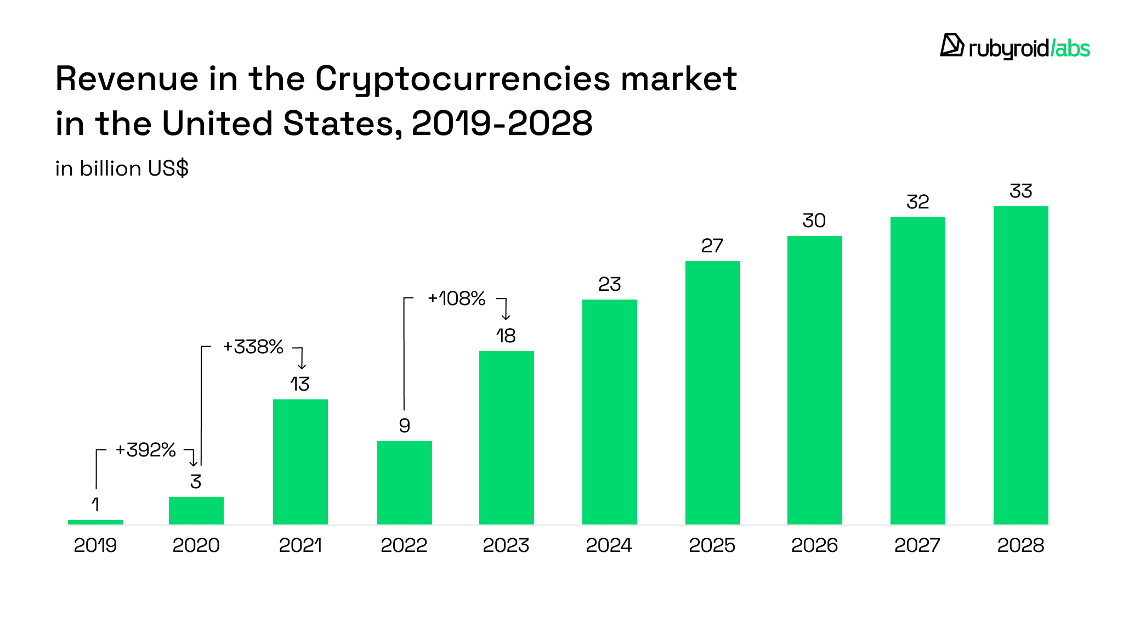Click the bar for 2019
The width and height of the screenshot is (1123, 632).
[95, 522]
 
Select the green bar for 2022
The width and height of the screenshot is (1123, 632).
[404, 483]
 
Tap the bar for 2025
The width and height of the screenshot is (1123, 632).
[712, 392]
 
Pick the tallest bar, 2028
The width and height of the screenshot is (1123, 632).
[1020, 365]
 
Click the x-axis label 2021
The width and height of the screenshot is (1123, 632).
[300, 545]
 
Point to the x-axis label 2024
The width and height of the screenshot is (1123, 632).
[609, 545]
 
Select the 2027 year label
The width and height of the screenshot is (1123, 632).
[917, 545]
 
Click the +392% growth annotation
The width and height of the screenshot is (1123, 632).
[145, 450]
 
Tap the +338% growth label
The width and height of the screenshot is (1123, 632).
[253, 347]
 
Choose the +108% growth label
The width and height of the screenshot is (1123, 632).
[456, 298]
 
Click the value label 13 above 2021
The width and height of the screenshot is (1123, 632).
[300, 384]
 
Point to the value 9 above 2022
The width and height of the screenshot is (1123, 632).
[404, 426]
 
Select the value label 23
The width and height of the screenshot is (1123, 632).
[609, 284]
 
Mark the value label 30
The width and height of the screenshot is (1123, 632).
[814, 221]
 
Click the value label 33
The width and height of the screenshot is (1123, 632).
[1020, 191]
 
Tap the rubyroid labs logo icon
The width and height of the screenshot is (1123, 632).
[952, 46]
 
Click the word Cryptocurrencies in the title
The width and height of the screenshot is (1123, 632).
[462, 79]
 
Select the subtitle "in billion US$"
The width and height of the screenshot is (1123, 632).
[122, 168]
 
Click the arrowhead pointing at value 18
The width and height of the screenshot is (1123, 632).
[506, 317]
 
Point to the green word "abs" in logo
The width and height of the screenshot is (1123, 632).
[1073, 49]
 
